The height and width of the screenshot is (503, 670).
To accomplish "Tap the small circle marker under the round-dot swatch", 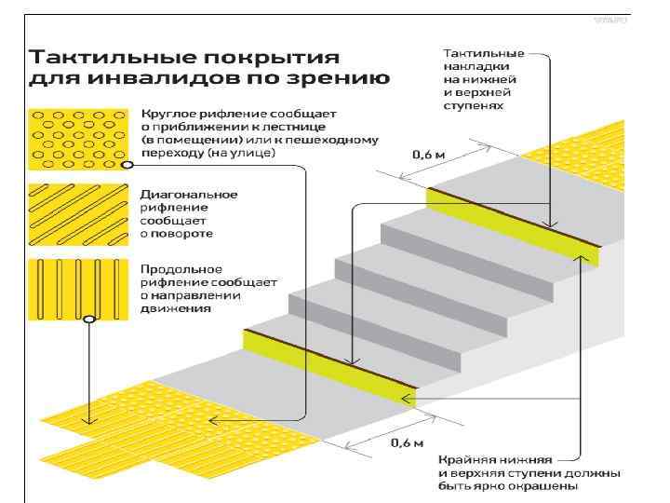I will pyautogui.click(x=126, y=165).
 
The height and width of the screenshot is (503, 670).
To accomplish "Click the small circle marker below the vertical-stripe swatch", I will pyautogui.click(x=88, y=319).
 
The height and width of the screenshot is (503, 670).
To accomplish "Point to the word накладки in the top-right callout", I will pyautogui.click(x=471, y=67).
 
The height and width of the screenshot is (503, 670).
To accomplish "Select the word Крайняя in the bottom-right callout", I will pyautogui.click(x=464, y=460).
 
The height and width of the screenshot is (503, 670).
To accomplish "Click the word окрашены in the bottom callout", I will pyautogui.click(x=592, y=486).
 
